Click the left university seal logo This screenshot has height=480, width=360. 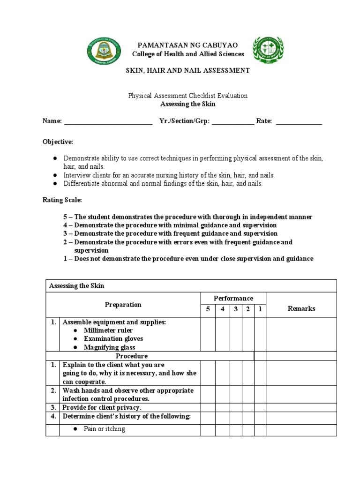tap(106, 52)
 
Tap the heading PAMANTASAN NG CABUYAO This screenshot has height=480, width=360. tap(187, 45)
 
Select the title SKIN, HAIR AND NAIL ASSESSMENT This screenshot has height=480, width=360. tap(187, 70)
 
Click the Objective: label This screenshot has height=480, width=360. tap(58, 142)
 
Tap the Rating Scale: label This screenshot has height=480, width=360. tap(62, 200)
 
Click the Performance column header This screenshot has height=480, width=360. tap(233, 298)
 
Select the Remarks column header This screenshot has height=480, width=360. tap(301, 308)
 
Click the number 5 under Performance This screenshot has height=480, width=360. tap(208, 309)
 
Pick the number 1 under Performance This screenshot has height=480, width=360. tap(260, 309)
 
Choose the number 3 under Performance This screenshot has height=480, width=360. tap(235, 309)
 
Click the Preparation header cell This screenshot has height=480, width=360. tap(123, 305)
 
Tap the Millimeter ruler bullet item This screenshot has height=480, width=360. tap(108, 330)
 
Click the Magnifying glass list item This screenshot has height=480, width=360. tap(109, 347)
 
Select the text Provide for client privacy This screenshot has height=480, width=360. tap(102, 407)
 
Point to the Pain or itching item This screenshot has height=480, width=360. tap(104, 429)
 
